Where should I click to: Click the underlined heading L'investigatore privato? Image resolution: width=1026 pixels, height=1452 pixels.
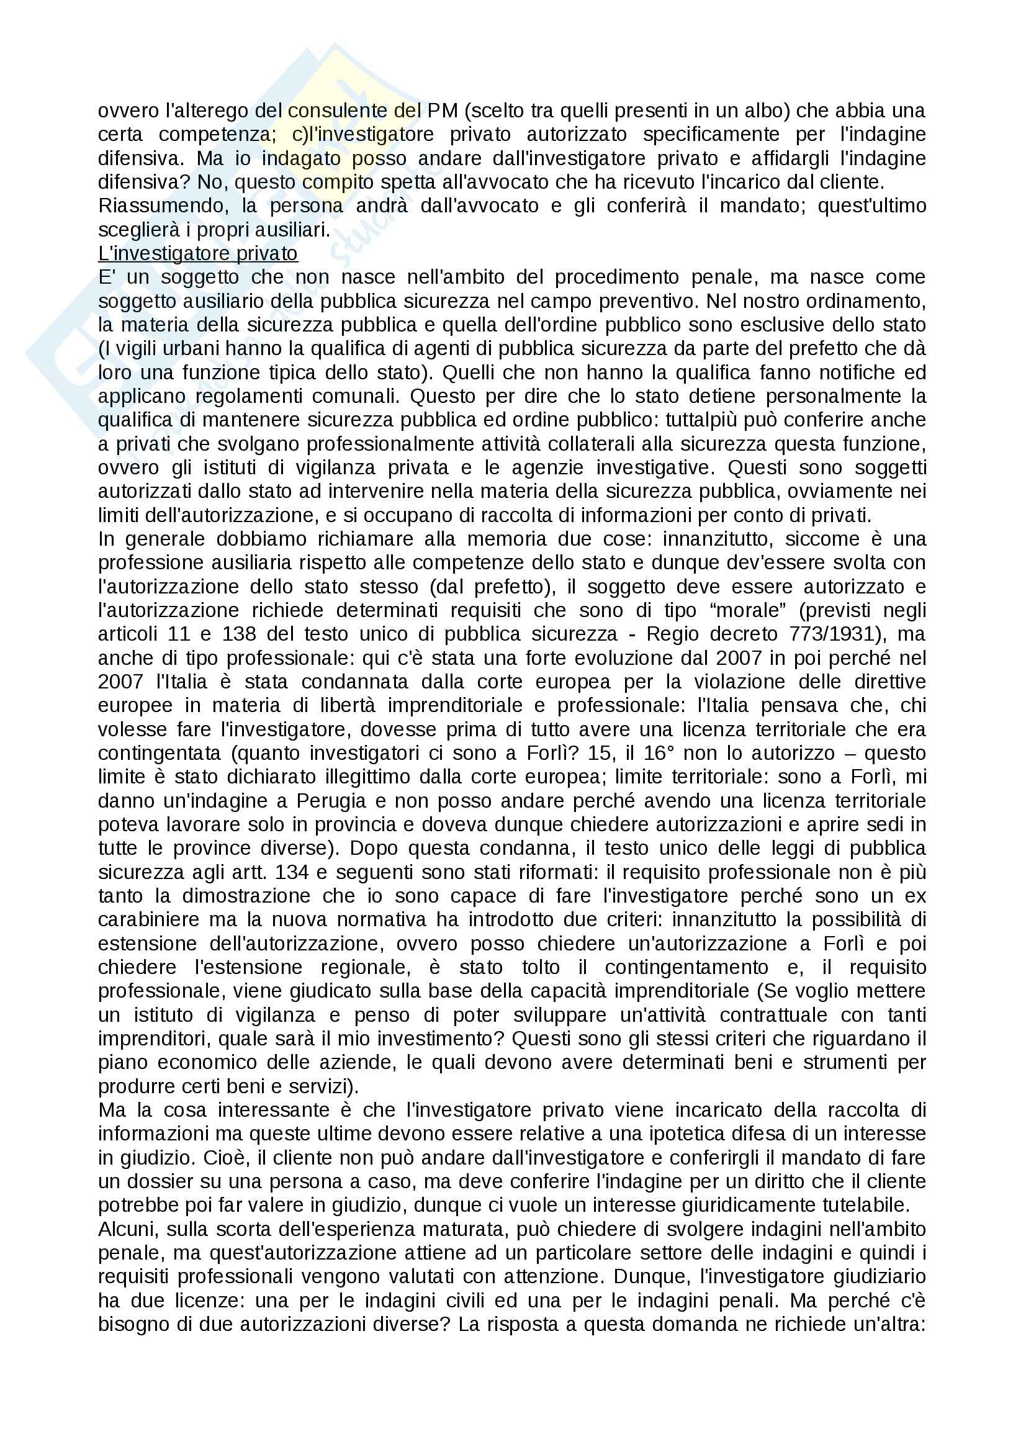pos(197,254)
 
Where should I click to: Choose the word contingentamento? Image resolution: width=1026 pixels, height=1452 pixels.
pos(686,968)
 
